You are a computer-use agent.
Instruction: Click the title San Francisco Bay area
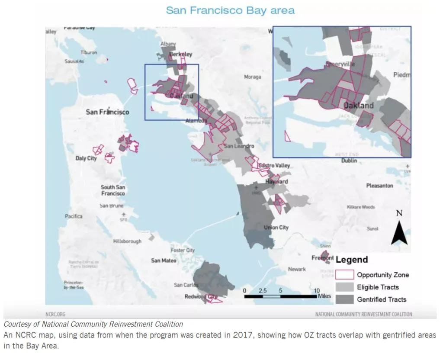(230, 10)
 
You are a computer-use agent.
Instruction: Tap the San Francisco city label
(107, 112)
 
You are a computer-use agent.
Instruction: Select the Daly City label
(86, 158)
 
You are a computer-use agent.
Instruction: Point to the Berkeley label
(181, 55)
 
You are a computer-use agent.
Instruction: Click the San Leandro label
(239, 146)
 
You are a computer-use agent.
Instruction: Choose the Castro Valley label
(274, 166)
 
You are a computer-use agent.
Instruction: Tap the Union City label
(276, 228)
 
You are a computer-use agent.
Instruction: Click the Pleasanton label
(379, 186)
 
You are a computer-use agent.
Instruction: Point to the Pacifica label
(74, 216)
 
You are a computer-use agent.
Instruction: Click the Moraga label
(253, 77)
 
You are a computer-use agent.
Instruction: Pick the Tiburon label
(89, 52)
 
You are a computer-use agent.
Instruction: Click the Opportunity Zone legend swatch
(345, 275)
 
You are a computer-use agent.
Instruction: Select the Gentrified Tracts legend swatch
(345, 299)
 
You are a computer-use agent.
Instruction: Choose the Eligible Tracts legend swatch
(345, 287)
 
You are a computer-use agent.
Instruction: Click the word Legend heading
(352, 260)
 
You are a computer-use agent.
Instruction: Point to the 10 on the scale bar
(317, 291)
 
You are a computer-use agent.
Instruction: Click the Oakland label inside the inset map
(358, 106)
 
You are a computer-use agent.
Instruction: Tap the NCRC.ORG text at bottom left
(55, 314)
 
